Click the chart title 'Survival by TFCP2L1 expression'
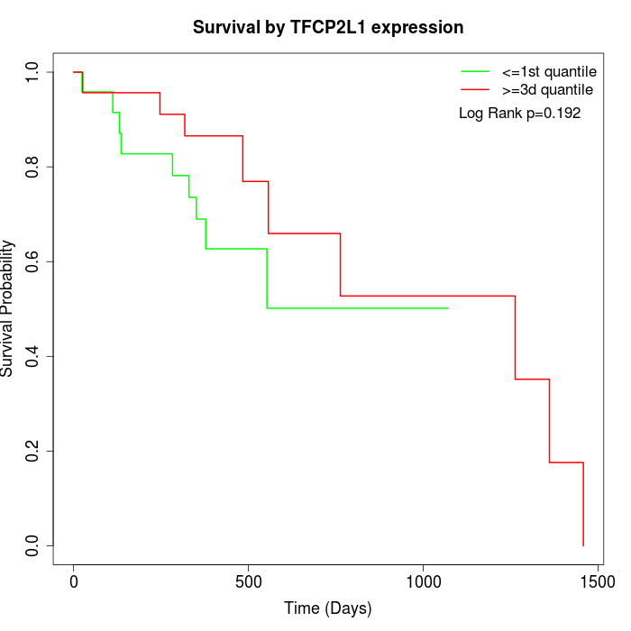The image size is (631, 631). pyautogui.click(x=328, y=27)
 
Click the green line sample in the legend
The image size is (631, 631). pyautogui.click(x=475, y=71)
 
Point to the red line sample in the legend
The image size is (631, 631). pyautogui.click(x=475, y=89)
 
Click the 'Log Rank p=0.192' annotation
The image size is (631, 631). pyautogui.click(x=519, y=114)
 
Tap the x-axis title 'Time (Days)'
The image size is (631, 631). pyautogui.click(x=328, y=608)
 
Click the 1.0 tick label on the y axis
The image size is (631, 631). pyautogui.click(x=33, y=71)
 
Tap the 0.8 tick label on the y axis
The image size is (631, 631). pyautogui.click(x=33, y=167)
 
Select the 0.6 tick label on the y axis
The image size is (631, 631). pyautogui.click(x=33, y=261)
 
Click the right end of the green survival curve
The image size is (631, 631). pyautogui.click(x=448, y=308)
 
